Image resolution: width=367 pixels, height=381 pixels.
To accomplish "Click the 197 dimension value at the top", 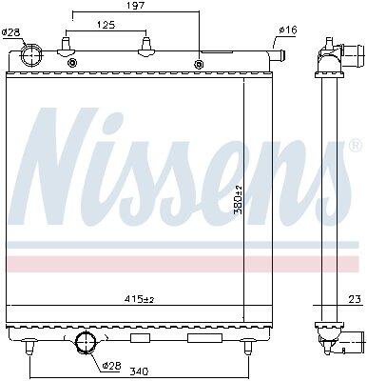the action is point(136,6).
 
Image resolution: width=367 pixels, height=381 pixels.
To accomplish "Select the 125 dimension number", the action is point(106,25).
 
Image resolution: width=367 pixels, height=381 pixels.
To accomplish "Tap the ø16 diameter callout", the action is point(288,30).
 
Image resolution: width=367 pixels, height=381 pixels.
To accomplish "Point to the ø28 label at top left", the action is point(10,32).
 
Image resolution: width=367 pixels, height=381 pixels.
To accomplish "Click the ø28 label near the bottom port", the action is point(112,366).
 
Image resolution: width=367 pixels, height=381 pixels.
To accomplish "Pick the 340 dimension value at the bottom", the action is point(139,371).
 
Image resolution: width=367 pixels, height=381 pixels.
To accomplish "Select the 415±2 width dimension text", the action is point(141,299).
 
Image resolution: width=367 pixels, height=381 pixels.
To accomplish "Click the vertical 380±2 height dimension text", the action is point(238,199).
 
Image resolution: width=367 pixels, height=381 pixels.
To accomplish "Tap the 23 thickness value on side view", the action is point(356,299).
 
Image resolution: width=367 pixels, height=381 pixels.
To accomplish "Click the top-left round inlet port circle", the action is point(31,55).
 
